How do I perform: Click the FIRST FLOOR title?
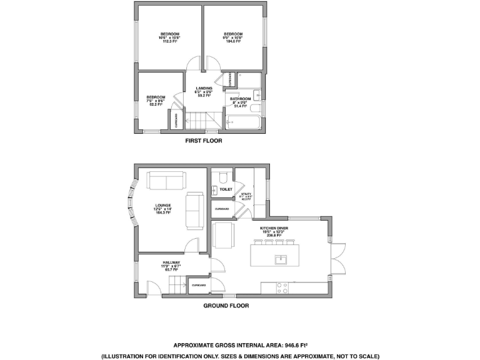(204, 141)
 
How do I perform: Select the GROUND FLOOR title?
(226, 306)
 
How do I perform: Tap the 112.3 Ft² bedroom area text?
(170, 42)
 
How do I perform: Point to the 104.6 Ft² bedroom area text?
(233, 42)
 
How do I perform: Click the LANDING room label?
(204, 88)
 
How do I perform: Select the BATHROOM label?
(241, 99)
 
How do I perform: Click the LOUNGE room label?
(164, 204)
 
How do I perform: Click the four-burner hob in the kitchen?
(282, 288)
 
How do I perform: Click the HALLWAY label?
(171, 262)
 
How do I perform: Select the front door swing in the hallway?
(152, 287)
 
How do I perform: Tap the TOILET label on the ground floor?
(226, 189)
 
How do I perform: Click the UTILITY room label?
(247, 194)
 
